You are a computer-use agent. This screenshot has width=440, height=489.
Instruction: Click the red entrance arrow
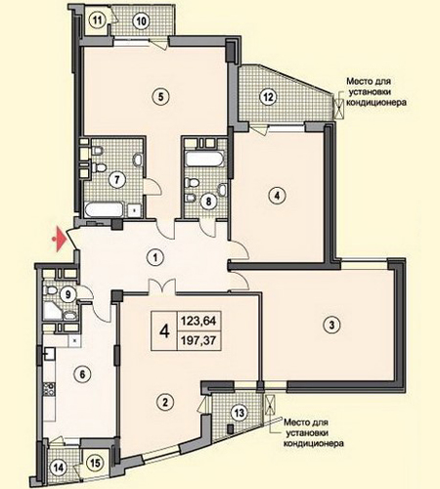(60, 240)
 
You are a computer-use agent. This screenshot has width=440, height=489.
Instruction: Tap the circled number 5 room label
(159, 97)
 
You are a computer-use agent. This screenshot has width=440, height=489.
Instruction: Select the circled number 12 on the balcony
(268, 97)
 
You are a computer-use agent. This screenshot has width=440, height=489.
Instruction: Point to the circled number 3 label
(331, 325)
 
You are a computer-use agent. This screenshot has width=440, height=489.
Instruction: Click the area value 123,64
(198, 321)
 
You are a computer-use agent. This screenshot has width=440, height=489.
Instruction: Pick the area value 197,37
(198, 340)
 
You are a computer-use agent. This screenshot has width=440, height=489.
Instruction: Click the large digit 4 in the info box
(165, 332)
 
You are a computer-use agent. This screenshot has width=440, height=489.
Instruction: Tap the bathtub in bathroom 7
(105, 210)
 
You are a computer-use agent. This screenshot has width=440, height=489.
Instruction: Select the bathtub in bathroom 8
(205, 159)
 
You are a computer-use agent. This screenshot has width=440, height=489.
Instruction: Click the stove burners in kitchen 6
(49, 389)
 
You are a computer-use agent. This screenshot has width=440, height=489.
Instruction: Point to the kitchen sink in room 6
(50, 353)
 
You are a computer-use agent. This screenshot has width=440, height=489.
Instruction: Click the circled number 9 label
(68, 294)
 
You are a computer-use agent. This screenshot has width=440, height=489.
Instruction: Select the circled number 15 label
(95, 463)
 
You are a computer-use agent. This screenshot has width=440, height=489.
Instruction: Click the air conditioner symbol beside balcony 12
(339, 108)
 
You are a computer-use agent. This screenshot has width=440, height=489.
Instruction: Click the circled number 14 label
(59, 468)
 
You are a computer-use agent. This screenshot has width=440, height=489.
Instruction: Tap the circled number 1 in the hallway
(155, 258)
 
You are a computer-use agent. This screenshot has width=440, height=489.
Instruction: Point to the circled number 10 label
(141, 22)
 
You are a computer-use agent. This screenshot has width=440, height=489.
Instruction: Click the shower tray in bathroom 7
(135, 210)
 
